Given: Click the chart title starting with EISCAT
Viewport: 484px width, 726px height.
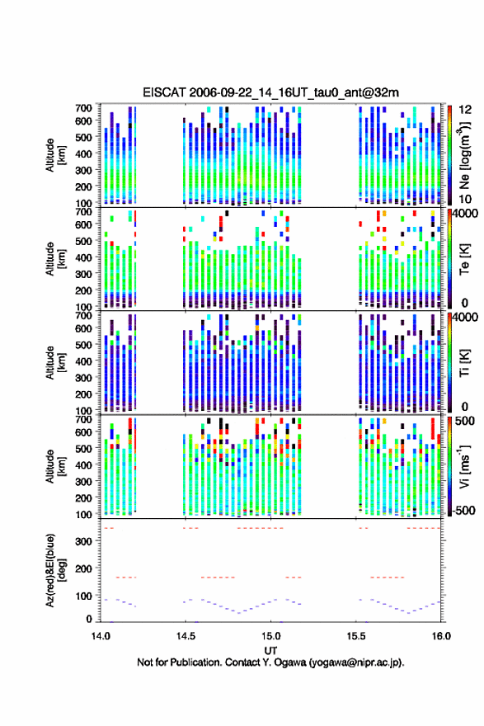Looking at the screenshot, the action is tap(270, 92).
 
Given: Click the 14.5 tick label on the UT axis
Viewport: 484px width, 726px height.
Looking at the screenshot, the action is tap(186, 636).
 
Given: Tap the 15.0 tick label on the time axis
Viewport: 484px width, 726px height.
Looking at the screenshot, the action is tap(270, 636).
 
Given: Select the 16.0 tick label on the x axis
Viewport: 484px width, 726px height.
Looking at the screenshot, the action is tap(441, 636).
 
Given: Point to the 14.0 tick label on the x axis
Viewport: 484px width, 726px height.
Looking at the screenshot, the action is tap(101, 636).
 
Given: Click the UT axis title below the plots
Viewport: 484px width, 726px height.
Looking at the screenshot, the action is tap(270, 651).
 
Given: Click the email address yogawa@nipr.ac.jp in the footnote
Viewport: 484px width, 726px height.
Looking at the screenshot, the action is tap(355, 662).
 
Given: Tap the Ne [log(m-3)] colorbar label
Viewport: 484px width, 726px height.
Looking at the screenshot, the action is tap(465, 155).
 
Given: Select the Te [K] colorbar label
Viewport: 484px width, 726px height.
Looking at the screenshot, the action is tap(464, 258).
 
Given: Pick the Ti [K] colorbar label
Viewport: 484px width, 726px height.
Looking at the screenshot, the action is tap(464, 362).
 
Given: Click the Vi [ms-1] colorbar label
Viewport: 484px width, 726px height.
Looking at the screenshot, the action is tap(464, 466).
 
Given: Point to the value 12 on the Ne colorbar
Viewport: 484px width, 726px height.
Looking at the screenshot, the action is tap(465, 110).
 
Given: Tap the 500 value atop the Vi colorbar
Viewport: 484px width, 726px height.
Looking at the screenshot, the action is tap(465, 421).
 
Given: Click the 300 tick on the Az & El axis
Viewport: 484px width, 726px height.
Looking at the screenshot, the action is tap(84, 541).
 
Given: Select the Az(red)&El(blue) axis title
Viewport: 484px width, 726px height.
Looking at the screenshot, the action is tap(55, 570).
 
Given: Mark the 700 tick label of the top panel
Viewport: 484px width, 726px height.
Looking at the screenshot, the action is tap(84, 108).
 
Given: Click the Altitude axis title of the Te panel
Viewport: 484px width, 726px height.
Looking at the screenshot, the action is tap(55, 259).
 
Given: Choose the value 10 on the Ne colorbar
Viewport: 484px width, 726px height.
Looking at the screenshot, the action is tap(465, 199).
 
